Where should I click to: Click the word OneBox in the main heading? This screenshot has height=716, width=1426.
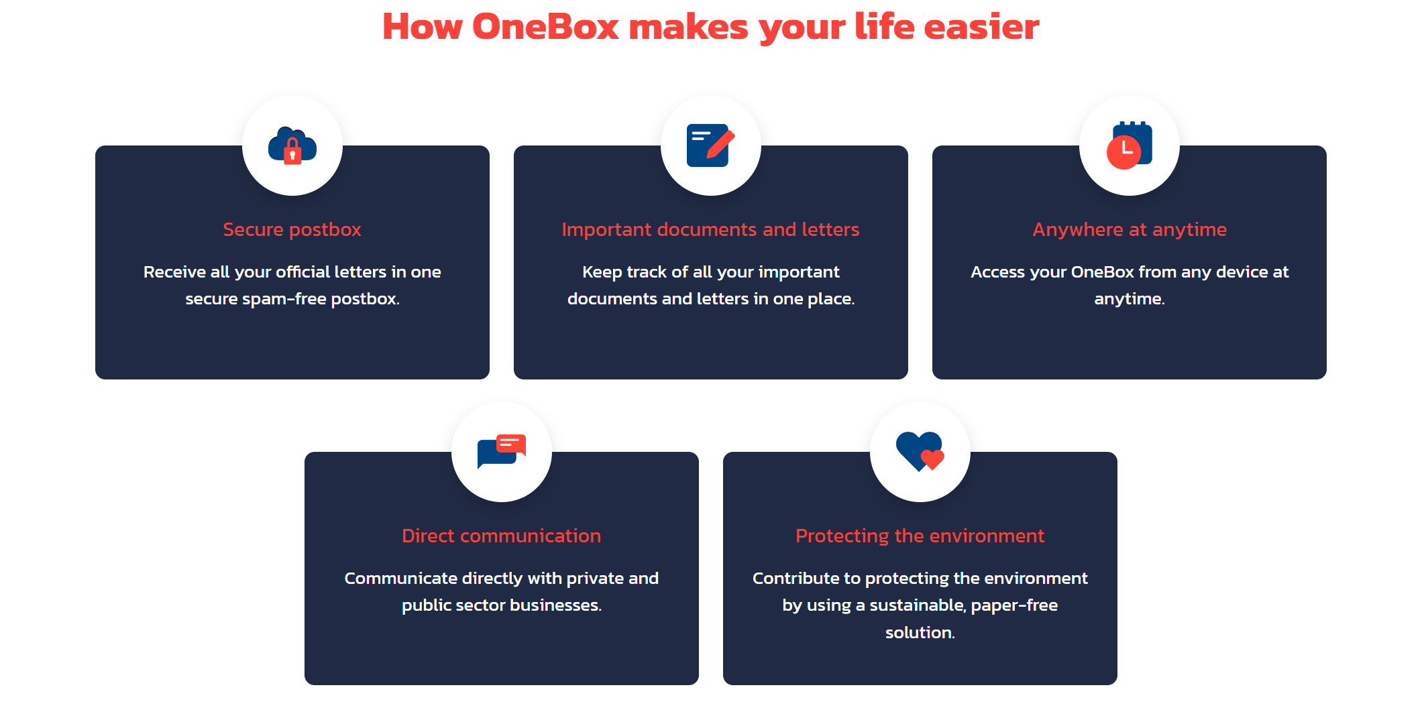[545, 27]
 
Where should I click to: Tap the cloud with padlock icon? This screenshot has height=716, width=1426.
[292, 145]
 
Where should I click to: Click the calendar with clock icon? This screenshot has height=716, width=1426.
[1130, 145]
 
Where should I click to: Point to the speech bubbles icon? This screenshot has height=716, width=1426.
[502, 451]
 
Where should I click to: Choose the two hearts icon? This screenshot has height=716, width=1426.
[920, 451]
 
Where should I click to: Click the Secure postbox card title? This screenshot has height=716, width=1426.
[292, 229]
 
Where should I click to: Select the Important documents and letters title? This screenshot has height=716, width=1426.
[710, 229]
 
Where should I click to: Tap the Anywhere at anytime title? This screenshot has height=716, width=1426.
[1130, 229]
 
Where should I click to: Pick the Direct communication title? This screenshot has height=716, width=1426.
[501, 536]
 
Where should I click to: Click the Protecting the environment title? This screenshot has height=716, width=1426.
[920, 536]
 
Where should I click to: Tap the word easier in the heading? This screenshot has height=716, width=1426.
[981, 27]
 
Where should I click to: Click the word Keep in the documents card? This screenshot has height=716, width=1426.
[602, 272]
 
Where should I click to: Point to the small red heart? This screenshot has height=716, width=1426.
[932, 459]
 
